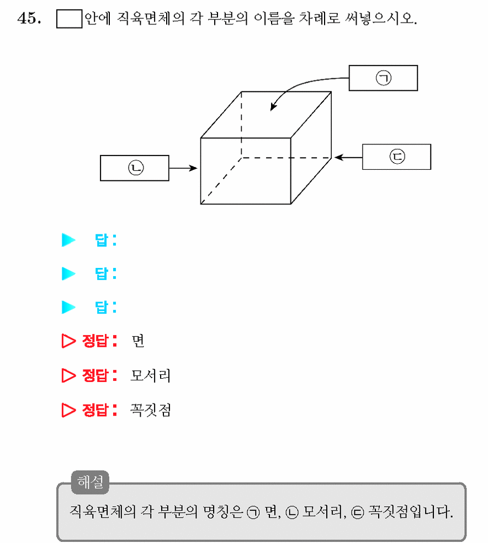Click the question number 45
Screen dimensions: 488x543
29,18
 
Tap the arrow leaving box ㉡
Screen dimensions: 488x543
183,168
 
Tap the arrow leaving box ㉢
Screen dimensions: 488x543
348,157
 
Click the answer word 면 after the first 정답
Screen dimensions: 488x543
138,341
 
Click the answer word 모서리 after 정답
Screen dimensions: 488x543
151,375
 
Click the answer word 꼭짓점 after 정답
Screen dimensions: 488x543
151,410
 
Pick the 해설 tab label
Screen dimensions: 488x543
90,482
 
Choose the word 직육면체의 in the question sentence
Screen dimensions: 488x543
151,18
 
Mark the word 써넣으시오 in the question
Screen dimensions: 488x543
381,18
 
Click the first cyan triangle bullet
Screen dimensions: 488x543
68,240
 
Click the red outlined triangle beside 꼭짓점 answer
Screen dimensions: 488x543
68,410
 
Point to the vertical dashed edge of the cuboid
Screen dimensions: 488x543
241,125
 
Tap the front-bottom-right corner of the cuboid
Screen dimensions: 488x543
291,204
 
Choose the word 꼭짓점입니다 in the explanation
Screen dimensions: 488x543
410,512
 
